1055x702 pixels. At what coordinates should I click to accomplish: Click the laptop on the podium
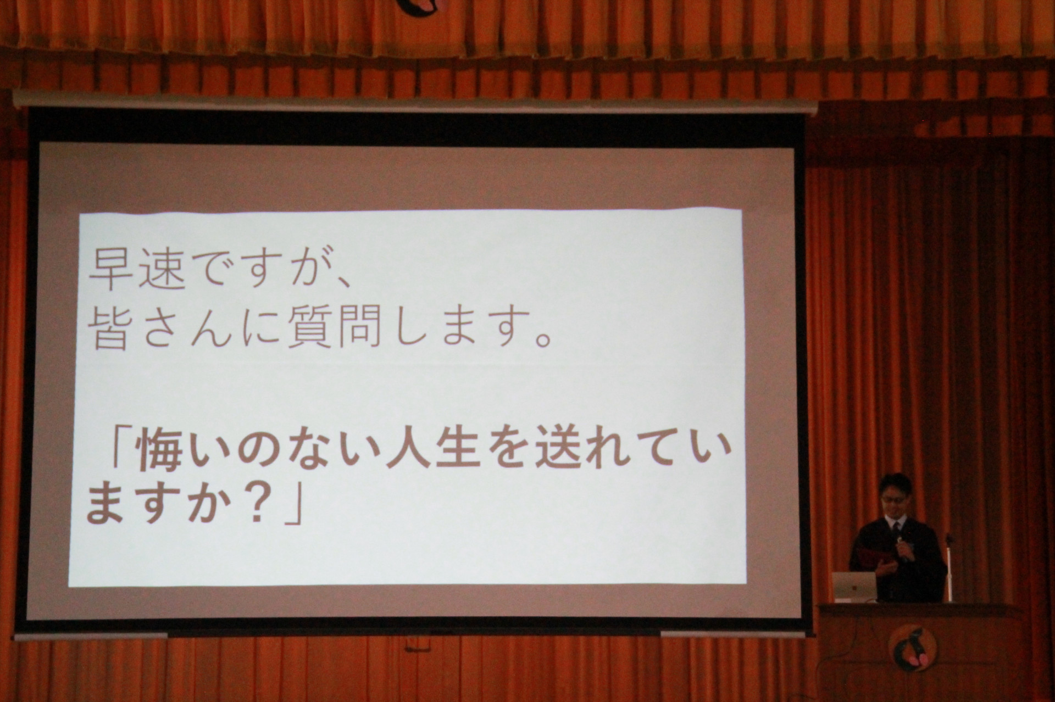click(853, 586)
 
